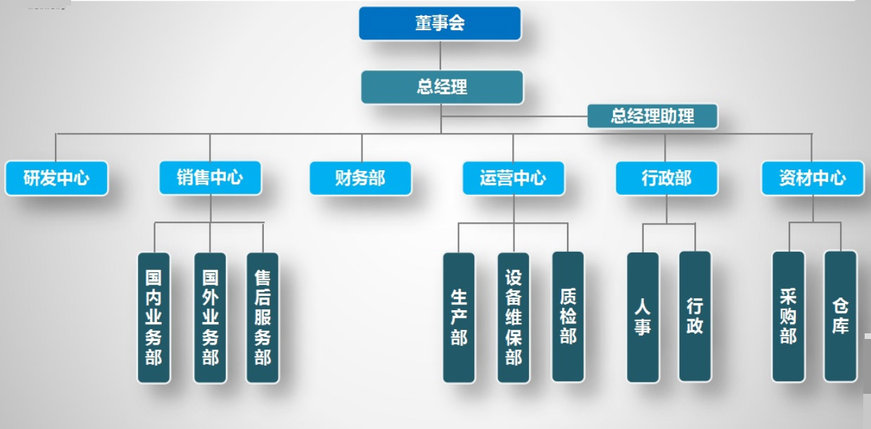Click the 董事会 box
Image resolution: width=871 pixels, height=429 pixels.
440,23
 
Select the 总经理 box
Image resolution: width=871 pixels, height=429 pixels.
442,87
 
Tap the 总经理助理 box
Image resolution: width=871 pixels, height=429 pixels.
652,116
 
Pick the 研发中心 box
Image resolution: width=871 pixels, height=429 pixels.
56,178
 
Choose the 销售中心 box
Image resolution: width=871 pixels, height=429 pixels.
210,177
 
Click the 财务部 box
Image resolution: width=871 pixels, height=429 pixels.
360,178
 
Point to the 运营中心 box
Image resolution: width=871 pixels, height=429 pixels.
513,178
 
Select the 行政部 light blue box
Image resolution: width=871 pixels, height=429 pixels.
666,178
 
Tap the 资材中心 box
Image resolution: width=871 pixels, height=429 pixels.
813,178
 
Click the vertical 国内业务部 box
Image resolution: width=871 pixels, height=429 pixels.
153,317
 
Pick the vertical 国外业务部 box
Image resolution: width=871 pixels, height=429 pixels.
210,317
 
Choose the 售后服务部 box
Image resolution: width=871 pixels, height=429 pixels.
262,317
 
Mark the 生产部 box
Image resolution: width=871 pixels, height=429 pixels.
459,317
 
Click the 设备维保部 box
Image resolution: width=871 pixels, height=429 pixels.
513,317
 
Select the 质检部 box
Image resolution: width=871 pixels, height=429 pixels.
568,316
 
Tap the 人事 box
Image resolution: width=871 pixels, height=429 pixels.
642,317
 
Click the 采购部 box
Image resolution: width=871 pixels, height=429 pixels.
788,316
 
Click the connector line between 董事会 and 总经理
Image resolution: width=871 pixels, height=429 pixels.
441,56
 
